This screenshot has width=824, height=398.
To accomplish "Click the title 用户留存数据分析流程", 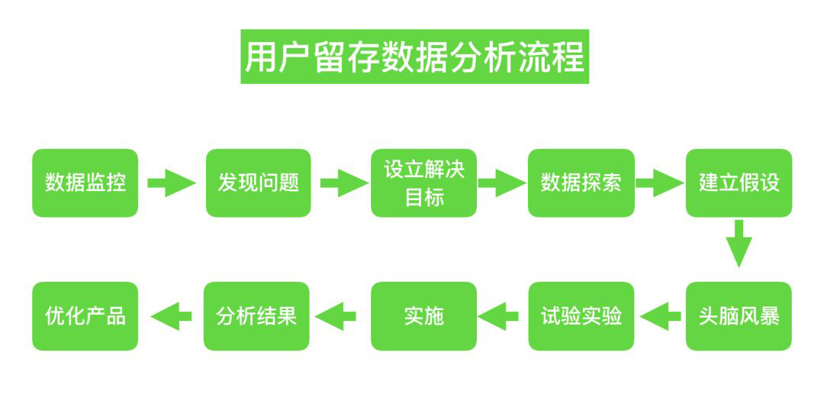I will (x=414, y=57).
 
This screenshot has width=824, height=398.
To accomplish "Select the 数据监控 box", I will (x=85, y=183).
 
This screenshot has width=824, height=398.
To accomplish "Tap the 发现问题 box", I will (x=258, y=183).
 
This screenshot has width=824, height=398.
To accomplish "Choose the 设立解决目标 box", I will (x=423, y=183).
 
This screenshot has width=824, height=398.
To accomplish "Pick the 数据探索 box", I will (x=581, y=183).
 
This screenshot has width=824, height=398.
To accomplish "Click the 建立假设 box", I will (x=739, y=183).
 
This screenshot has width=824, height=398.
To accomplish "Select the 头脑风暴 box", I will (x=739, y=315).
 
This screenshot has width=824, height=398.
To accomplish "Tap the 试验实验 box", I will (x=581, y=315).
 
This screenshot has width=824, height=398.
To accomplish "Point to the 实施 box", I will (x=423, y=315).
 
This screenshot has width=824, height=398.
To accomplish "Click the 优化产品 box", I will (x=85, y=315).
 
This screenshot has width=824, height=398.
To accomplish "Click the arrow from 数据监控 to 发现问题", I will (x=171, y=183).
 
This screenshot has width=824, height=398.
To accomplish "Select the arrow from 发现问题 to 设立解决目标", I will (x=343, y=183).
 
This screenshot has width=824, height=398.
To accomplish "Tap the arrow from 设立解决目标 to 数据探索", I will (x=501, y=183).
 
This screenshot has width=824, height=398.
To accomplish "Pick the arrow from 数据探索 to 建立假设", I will (x=659, y=183).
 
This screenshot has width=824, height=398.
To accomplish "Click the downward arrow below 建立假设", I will (x=739, y=243).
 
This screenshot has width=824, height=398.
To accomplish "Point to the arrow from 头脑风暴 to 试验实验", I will (x=661, y=315).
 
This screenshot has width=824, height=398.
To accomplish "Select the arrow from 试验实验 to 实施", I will (x=503, y=315).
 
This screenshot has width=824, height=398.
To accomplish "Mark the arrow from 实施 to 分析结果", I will (x=336, y=315).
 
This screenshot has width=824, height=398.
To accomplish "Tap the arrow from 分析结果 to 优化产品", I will (x=171, y=315).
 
